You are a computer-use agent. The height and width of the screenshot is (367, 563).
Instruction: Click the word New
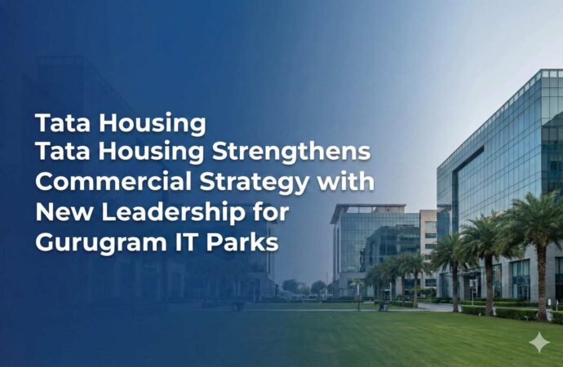pos(58,214)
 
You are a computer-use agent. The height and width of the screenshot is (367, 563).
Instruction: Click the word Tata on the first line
pos(58,122)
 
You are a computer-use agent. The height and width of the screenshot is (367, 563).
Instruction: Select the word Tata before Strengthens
pos(58,153)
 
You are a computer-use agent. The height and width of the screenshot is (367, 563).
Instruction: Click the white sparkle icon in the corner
pos(539,342)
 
